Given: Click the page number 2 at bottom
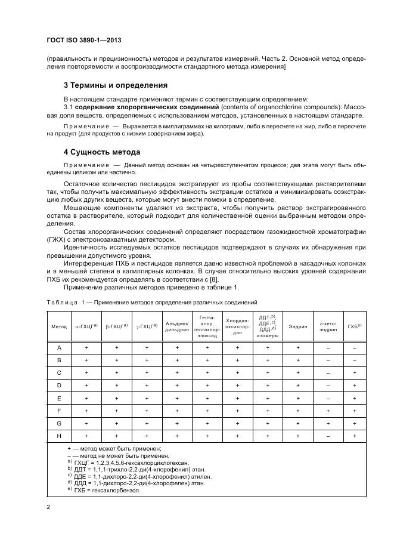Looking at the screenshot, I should tap(48, 507).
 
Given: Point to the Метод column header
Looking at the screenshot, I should tap(59, 326).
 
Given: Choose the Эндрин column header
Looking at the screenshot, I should tap(298, 326).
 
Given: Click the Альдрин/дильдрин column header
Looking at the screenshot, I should tap(176, 326).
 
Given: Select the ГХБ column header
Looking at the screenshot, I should tap(355, 326).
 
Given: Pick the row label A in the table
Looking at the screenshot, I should tap(59, 347).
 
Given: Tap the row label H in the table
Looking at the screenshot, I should tap(59, 436).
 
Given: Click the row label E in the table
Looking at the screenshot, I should tap(59, 398).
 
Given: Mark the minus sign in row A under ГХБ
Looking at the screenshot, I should tap(355, 347).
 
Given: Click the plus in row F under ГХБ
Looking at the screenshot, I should tap(355, 411).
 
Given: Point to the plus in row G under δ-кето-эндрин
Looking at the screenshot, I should tap(328, 424).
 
